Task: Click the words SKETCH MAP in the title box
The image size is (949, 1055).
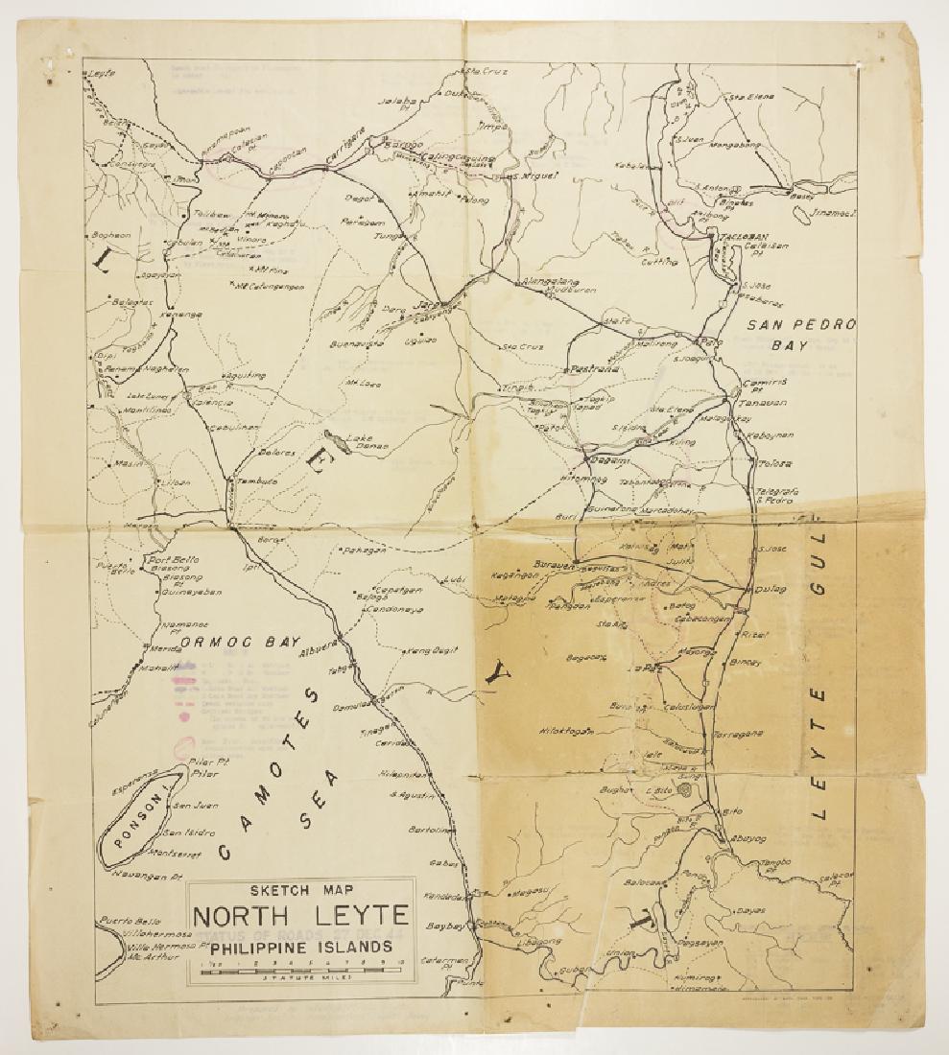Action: point(299,889)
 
